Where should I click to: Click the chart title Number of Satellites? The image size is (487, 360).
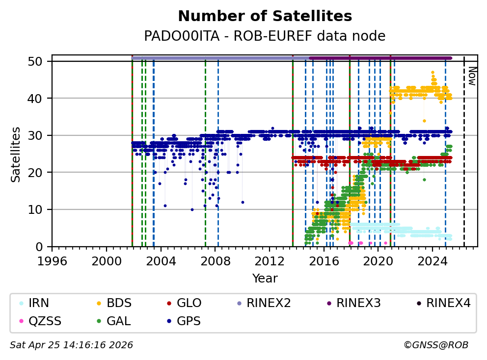265,17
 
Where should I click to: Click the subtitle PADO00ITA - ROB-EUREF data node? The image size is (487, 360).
265,36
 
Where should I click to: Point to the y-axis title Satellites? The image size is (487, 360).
16,154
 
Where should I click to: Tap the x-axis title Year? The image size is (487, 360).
265,279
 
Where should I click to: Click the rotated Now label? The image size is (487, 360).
471,76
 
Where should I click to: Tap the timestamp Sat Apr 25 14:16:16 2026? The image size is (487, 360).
71,345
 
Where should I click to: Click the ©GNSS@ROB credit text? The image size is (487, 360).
435,345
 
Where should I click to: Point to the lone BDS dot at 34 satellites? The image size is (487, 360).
424,121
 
